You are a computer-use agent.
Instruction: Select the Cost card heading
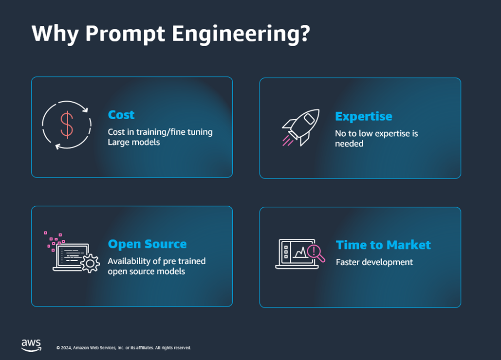121,115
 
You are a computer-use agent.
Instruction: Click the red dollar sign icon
67,125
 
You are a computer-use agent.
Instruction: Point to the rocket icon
301,127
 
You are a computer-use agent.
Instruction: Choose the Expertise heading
364,116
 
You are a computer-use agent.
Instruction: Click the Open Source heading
148,244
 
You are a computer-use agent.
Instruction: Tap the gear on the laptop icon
90,264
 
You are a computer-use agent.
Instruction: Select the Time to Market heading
384,245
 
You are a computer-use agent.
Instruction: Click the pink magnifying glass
316,253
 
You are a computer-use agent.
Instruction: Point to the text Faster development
374,262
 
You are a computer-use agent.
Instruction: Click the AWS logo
31,345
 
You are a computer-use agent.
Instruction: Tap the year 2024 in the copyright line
66,348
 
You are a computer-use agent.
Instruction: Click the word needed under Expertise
349,144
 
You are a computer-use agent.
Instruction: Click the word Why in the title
55,34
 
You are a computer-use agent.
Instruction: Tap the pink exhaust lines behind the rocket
288,141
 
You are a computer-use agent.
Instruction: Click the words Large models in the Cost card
134,143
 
